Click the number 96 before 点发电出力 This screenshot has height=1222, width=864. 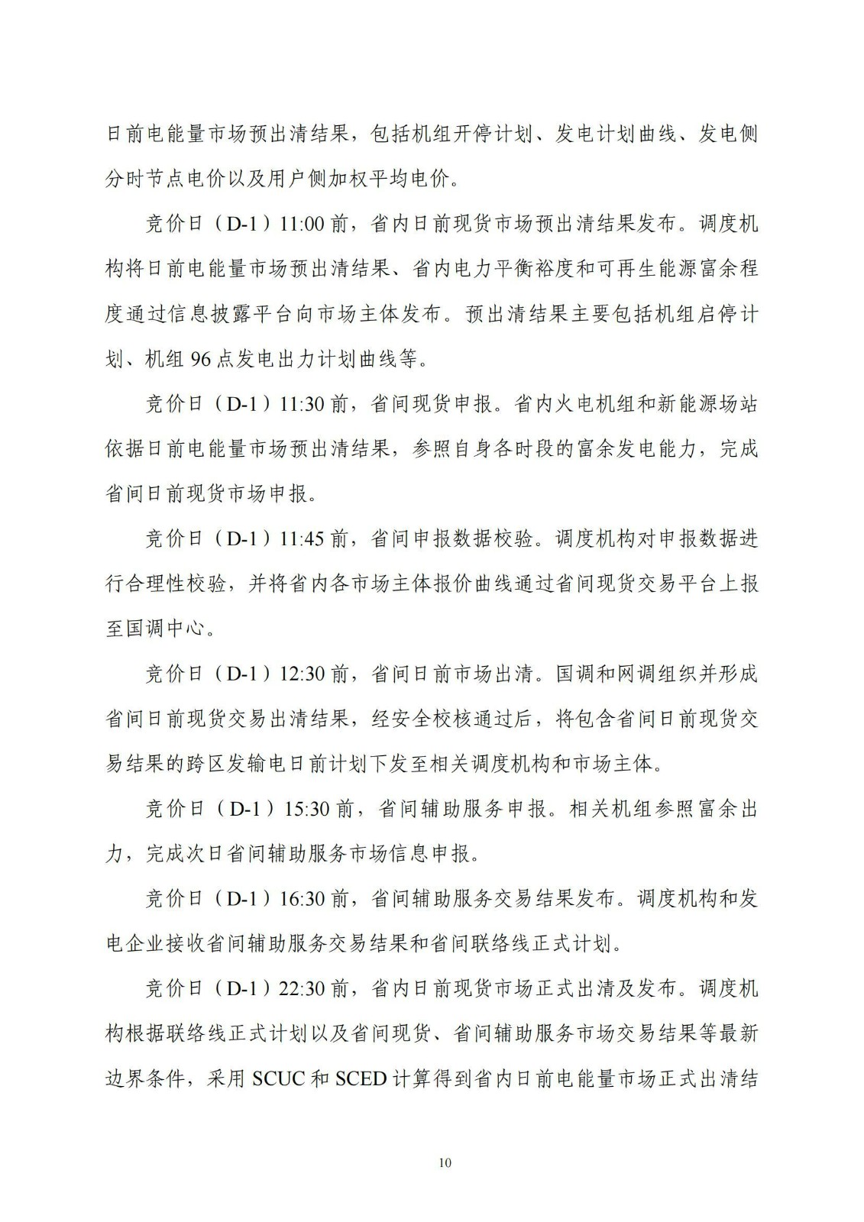(x=199, y=359)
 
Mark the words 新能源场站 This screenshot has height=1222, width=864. (x=708, y=404)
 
